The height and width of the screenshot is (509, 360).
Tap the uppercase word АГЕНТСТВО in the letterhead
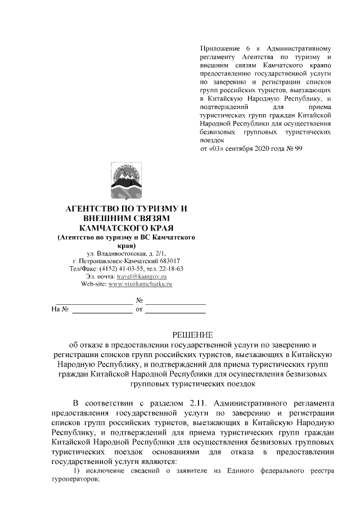[95, 208]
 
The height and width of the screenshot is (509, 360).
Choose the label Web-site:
[93, 285]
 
